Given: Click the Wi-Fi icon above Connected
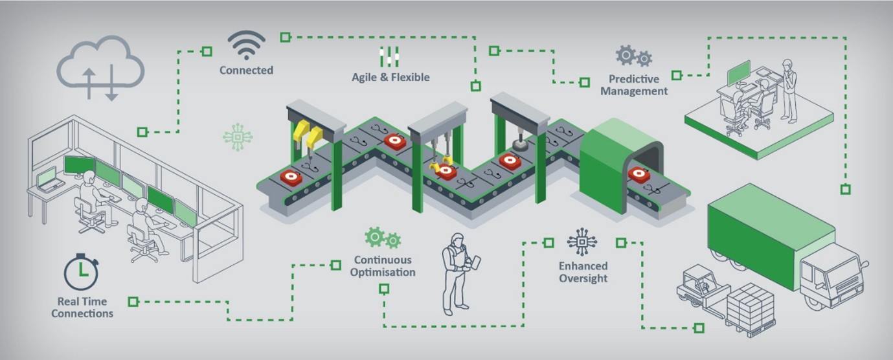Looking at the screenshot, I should coord(246,45).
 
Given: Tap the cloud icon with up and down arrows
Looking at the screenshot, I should coord(100,69).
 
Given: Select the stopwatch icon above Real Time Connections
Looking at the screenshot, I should coord(81,273).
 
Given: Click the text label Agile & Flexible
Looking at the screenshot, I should coord(390,77).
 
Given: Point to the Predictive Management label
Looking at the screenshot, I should coord(633,85).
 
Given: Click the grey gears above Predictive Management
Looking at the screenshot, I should coord(633,56).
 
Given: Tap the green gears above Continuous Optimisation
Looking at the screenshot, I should coord(382,238).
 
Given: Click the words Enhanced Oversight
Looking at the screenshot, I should coord(583,272).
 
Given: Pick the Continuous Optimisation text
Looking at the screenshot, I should coord(383,266).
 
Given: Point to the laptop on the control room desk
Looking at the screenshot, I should coord(48,179).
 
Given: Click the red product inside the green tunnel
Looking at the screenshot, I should coord(639,174).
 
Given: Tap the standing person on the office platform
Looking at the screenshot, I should coord(788,90).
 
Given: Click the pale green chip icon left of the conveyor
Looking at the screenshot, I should coord(237,137).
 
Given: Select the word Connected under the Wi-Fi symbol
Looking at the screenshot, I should coord(246,70).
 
